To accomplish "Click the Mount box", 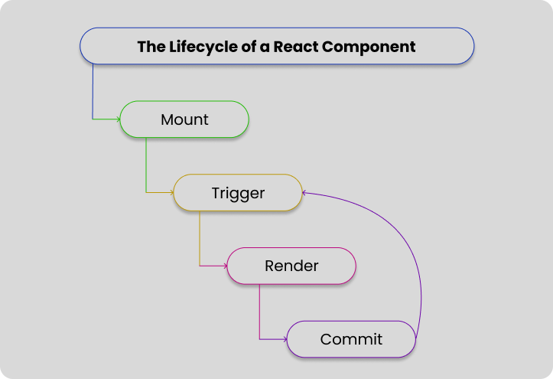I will (184, 120).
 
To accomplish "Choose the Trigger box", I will (238, 193).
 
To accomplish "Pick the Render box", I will (291, 266).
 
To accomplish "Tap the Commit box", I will (351, 338).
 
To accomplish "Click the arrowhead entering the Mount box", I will (118, 119).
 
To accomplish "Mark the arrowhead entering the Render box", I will (225, 266).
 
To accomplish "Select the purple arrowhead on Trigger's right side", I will (305, 193).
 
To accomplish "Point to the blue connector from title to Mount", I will (93, 92).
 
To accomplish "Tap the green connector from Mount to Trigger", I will (146, 165).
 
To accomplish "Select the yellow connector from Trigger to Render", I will (200, 237).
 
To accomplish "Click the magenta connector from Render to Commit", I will (259, 310).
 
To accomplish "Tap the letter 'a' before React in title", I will (264, 47).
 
